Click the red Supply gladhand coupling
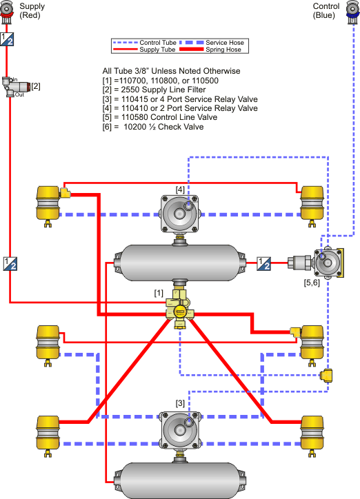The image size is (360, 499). (6, 12)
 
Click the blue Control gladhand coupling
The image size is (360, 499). (353, 12)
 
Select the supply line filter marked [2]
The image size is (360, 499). (16, 86)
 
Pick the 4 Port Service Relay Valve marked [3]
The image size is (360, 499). (180, 429)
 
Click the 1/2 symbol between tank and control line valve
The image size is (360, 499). (264, 263)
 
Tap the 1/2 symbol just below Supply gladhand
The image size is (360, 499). (7, 39)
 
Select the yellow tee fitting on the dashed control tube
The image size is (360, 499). (327, 376)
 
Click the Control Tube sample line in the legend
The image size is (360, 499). (126, 42)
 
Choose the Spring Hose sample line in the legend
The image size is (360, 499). (191, 50)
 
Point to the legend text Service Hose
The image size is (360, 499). (225, 42)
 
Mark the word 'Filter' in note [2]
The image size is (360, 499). (196, 90)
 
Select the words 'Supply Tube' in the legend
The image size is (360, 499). (157, 50)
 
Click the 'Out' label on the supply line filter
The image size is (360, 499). (19, 94)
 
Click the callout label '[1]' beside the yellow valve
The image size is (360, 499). (159, 293)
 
